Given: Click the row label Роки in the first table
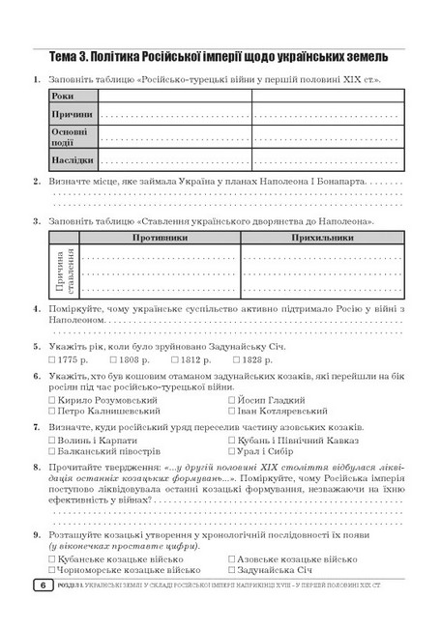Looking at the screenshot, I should click(x=63, y=97).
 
